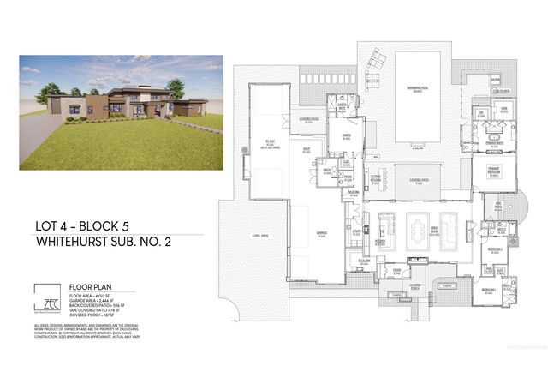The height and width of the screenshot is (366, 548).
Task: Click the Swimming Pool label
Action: pos(417,88)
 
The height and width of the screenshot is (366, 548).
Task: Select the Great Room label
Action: pos(448,229)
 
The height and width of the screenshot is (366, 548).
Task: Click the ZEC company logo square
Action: pos(45,296)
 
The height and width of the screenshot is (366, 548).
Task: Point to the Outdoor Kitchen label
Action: pos(376,179)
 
